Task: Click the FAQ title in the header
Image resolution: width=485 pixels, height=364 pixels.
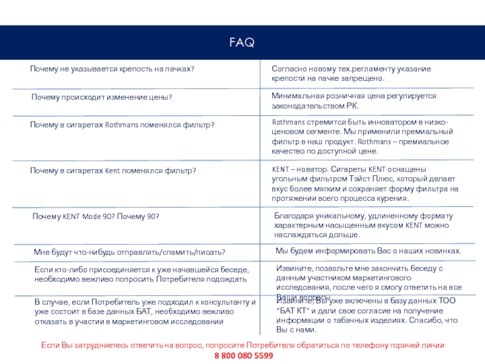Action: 242,42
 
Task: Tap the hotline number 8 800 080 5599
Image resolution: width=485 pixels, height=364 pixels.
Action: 243,356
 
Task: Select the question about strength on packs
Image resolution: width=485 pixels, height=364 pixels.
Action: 112,69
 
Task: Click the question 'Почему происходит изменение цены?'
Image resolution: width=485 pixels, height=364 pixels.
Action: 102,97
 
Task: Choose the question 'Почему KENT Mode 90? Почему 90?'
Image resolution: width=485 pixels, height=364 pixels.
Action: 95,217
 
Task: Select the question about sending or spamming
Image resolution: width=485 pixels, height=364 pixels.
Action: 130,252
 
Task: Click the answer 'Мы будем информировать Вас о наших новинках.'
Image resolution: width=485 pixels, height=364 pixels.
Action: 369,251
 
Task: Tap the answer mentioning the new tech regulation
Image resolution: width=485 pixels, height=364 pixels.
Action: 351,74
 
